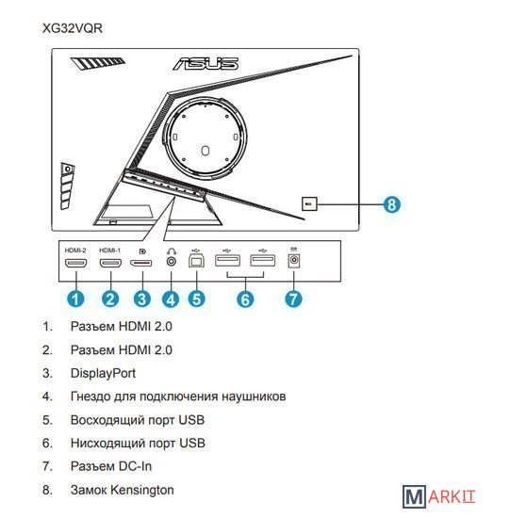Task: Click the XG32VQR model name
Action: (x=73, y=28)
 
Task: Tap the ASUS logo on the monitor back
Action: (x=206, y=63)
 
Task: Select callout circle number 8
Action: (x=391, y=204)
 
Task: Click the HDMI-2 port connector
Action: (x=76, y=263)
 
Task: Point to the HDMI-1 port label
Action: (x=109, y=251)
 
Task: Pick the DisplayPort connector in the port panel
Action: (x=140, y=264)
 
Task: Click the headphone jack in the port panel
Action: (x=172, y=262)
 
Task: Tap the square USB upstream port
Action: (x=196, y=261)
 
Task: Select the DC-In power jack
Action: (x=294, y=261)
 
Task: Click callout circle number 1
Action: (x=75, y=299)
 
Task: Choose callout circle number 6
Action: (x=245, y=299)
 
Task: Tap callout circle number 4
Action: (x=171, y=299)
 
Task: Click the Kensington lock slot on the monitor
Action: (x=309, y=203)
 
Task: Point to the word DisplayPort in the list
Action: (x=103, y=373)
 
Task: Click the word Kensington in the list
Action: (x=142, y=490)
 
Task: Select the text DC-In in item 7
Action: (x=136, y=466)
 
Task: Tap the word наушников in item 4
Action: (x=254, y=397)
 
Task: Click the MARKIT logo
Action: (x=439, y=496)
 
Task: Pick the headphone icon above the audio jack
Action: (x=172, y=251)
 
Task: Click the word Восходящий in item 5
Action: (x=107, y=420)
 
